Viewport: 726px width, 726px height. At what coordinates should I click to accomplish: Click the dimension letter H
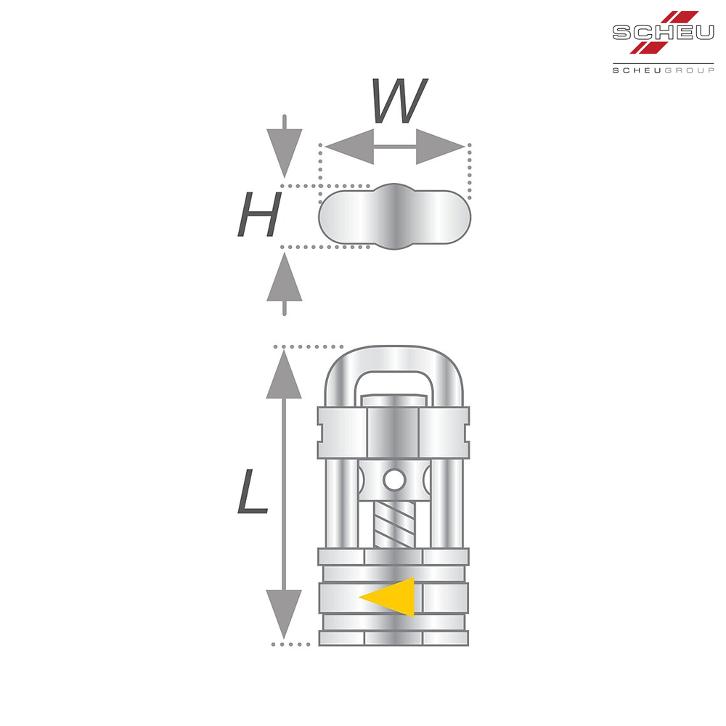pyautogui.click(x=259, y=214)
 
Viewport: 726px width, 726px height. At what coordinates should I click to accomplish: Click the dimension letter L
pyautogui.click(x=253, y=492)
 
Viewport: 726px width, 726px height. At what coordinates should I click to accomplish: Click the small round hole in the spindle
pyautogui.click(x=394, y=481)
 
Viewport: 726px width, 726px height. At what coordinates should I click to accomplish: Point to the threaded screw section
pyautogui.click(x=394, y=525)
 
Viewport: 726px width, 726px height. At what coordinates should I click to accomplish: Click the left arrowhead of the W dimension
pyautogui.click(x=349, y=147)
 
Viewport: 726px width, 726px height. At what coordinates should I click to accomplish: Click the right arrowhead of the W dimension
pyautogui.click(x=441, y=147)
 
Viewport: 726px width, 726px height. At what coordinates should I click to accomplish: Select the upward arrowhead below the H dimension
pyautogui.click(x=285, y=277)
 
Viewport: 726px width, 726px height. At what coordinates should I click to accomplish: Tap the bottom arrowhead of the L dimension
pyautogui.click(x=284, y=614)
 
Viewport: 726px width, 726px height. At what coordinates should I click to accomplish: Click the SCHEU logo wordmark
pyautogui.click(x=663, y=33)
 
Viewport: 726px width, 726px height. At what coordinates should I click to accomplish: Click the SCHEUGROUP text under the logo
pyautogui.click(x=663, y=70)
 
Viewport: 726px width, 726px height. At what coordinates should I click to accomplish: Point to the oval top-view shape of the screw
pyautogui.click(x=394, y=216)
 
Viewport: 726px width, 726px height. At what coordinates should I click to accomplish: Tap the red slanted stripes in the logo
pyautogui.click(x=664, y=31)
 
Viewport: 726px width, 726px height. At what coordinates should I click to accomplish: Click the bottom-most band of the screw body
pyautogui.click(x=393, y=638)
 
